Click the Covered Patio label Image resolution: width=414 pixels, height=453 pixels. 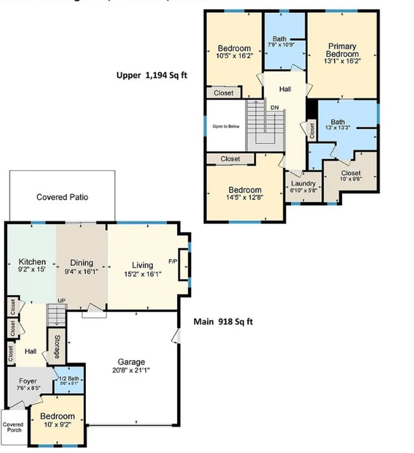click(62, 197)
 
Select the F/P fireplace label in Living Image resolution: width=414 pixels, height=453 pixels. click(173, 261)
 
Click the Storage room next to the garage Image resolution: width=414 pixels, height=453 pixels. click(57, 346)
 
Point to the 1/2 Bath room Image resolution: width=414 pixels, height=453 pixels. click(68, 381)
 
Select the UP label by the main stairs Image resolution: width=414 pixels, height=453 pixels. click(61, 301)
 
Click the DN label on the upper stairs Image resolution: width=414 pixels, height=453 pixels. click(275, 108)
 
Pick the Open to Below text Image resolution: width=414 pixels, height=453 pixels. click(226, 126)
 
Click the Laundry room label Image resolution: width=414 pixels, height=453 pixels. click(303, 183)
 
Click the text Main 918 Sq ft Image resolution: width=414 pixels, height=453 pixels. click(223, 321)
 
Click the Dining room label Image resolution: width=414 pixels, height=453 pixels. click(82, 262)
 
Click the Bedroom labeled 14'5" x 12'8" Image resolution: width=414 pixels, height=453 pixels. click(245, 190)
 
